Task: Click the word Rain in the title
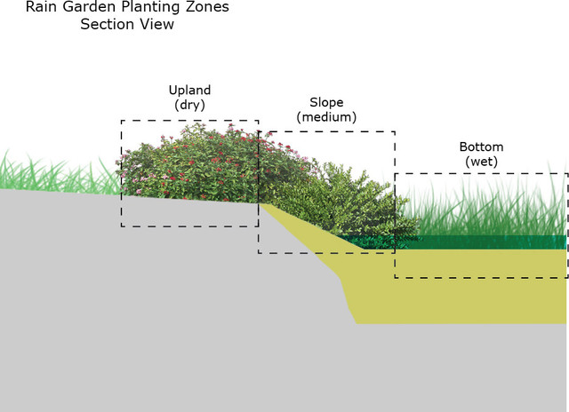[x=40, y=8]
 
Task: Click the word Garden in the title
[x=84, y=8]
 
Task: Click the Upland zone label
[x=188, y=90]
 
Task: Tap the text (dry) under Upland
[x=188, y=105]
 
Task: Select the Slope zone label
[x=325, y=102]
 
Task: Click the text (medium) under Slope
[x=325, y=117]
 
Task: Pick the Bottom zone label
[x=481, y=147]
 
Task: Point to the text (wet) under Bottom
[x=481, y=161]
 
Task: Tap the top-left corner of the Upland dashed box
[x=122, y=121]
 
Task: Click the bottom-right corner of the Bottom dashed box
[x=566, y=277]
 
